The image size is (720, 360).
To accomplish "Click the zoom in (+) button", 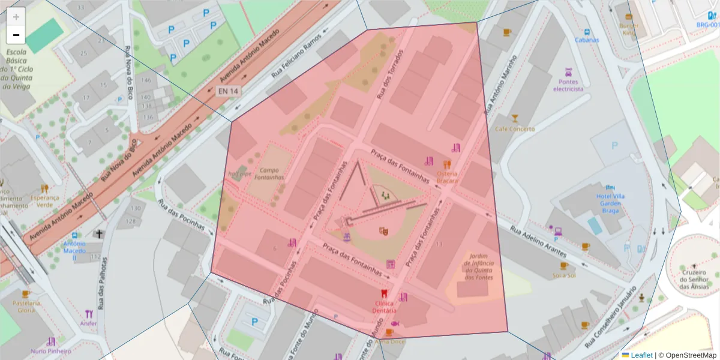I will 16,17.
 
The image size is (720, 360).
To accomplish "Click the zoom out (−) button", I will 16,35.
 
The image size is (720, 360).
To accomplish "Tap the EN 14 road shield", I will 228,91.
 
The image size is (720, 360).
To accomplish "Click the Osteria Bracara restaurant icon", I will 446,164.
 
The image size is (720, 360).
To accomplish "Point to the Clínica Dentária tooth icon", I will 385,294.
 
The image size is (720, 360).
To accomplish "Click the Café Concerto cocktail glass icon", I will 514,118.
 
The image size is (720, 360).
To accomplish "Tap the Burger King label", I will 628,29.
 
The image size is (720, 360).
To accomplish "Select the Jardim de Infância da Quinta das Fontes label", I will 478,266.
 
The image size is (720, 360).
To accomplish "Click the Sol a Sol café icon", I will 564,265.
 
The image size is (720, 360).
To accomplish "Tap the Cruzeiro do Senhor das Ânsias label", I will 693,279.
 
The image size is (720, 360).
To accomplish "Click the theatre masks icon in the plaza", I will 383,231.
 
